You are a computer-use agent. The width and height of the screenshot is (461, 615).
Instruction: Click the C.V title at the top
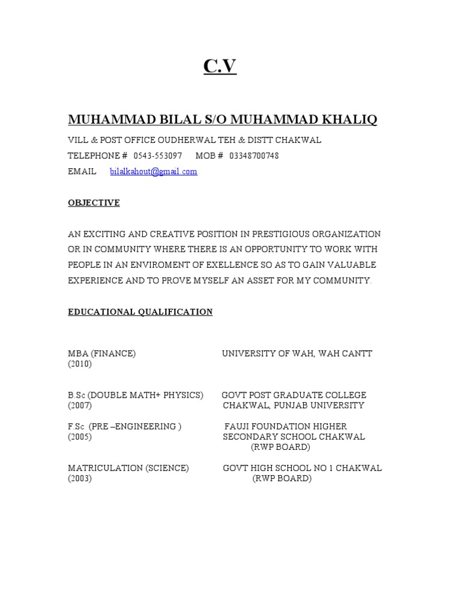(220, 67)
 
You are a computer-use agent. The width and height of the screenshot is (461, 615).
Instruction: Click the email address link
(154, 172)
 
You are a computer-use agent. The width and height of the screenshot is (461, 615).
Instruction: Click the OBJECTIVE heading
(94, 203)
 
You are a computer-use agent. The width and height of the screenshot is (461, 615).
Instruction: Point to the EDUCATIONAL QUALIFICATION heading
(140, 312)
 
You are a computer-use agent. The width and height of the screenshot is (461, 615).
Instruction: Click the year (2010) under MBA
(80, 364)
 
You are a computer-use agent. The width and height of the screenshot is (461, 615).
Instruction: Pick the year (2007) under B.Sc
(80, 405)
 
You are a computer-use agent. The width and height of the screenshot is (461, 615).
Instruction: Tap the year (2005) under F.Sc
(80, 437)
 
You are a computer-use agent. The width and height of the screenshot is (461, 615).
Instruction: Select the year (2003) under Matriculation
(80, 479)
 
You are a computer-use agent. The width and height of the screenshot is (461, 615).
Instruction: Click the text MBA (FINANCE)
(101, 354)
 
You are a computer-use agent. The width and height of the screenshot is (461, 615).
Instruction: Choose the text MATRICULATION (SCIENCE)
(128, 468)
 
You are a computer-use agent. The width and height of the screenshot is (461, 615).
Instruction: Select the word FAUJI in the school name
(237, 427)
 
